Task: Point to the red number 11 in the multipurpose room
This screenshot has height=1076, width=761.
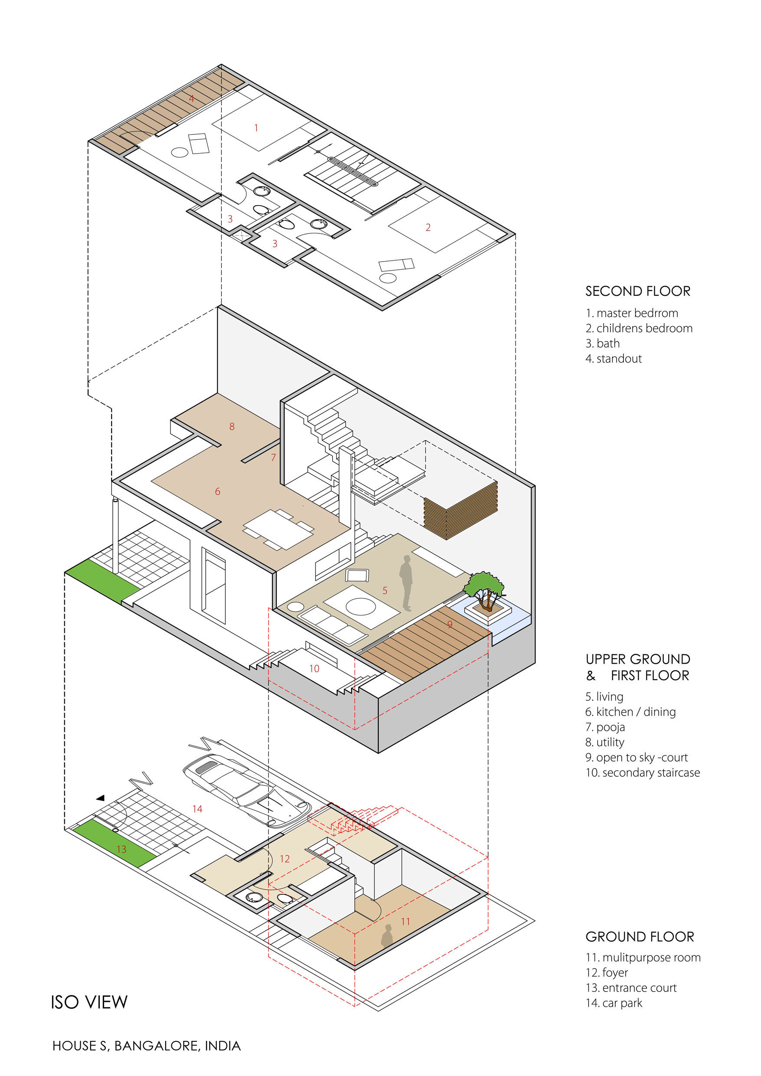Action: click(x=406, y=921)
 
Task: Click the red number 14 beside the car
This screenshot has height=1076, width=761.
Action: click(x=197, y=809)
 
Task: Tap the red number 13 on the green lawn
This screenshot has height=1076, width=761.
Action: click(x=121, y=849)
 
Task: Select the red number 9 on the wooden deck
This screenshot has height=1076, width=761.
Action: click(x=449, y=624)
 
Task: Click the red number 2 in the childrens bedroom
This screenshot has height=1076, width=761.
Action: click(x=428, y=227)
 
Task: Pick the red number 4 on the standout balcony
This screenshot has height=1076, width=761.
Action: click(x=191, y=98)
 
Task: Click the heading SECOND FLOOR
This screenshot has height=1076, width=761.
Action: click(x=638, y=291)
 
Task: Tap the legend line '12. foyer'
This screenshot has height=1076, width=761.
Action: click(x=606, y=972)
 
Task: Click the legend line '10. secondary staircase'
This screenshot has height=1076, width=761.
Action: click(x=643, y=772)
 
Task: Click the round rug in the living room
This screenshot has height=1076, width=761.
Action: click(x=360, y=607)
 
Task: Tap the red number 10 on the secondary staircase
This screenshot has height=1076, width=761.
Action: click(x=314, y=669)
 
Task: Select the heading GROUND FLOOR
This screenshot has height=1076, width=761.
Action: click(x=640, y=936)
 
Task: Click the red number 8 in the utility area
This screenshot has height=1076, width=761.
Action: click(x=232, y=426)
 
